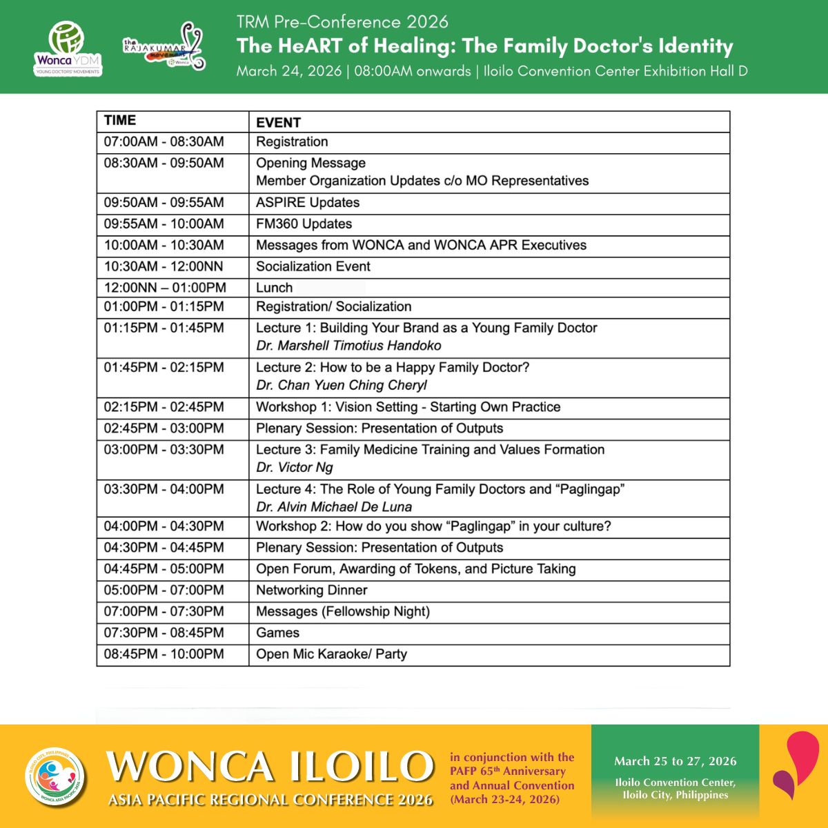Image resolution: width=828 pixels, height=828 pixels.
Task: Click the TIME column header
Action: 120,121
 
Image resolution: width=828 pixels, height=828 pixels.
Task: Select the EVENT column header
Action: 278,123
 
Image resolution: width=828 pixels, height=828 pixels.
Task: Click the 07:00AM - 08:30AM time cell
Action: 164,142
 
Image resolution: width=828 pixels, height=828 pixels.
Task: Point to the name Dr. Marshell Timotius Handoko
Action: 348,346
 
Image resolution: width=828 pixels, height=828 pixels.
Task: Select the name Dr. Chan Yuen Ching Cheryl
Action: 342,385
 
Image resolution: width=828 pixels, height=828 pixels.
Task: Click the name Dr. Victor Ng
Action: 295,467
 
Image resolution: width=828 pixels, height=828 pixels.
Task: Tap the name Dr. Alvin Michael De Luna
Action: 334,506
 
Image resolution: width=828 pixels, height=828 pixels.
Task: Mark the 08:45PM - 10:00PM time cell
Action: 164,654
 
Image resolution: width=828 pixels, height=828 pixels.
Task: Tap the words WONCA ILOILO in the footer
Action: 270,766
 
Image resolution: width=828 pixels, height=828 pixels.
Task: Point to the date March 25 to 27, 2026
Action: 675,761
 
